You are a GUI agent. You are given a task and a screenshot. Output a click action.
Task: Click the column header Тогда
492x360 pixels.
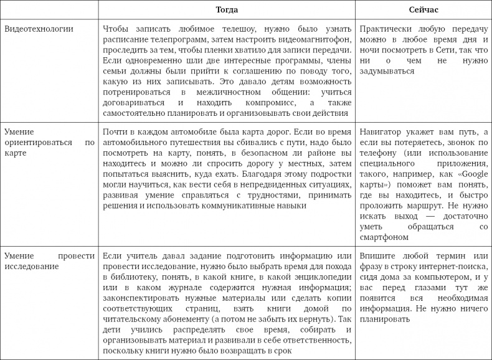[227, 11]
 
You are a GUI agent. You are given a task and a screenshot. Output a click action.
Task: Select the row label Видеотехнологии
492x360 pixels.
[38, 29]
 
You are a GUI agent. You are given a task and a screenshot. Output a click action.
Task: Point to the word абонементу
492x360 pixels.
[162, 319]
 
